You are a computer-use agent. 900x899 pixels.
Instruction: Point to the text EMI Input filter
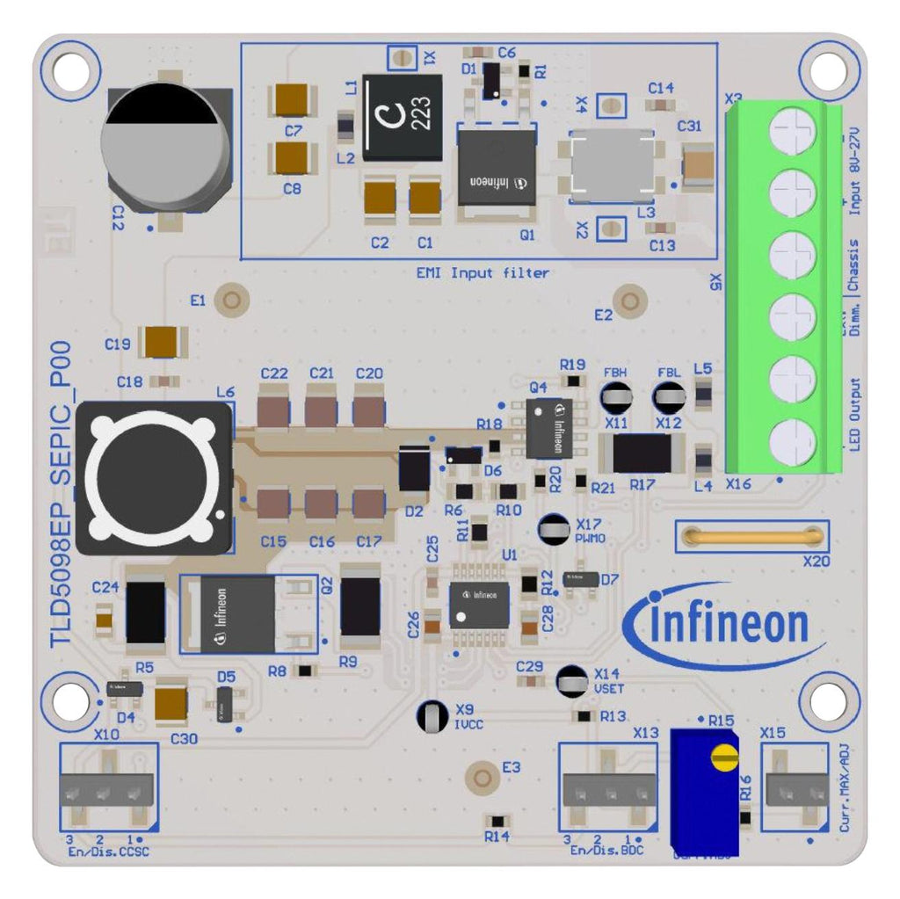[x=483, y=273]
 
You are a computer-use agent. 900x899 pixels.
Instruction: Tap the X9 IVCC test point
[x=433, y=715]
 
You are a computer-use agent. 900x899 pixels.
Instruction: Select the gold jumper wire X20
[x=751, y=535]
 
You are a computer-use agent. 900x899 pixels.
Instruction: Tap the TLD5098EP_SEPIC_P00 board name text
[x=61, y=496]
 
